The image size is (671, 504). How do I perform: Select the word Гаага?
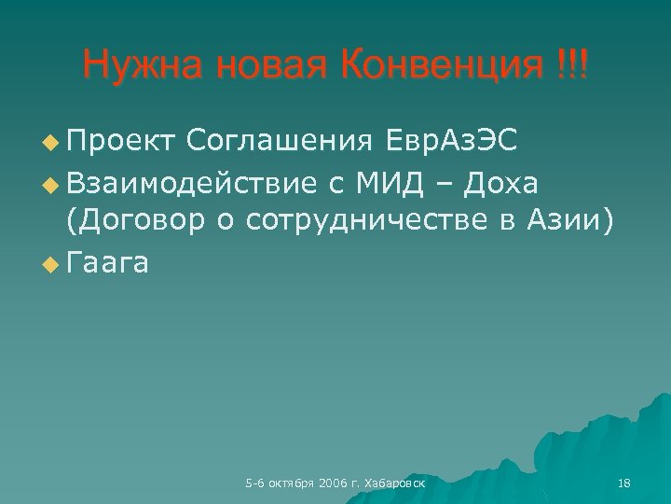108,263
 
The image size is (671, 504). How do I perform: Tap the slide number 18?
624,483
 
